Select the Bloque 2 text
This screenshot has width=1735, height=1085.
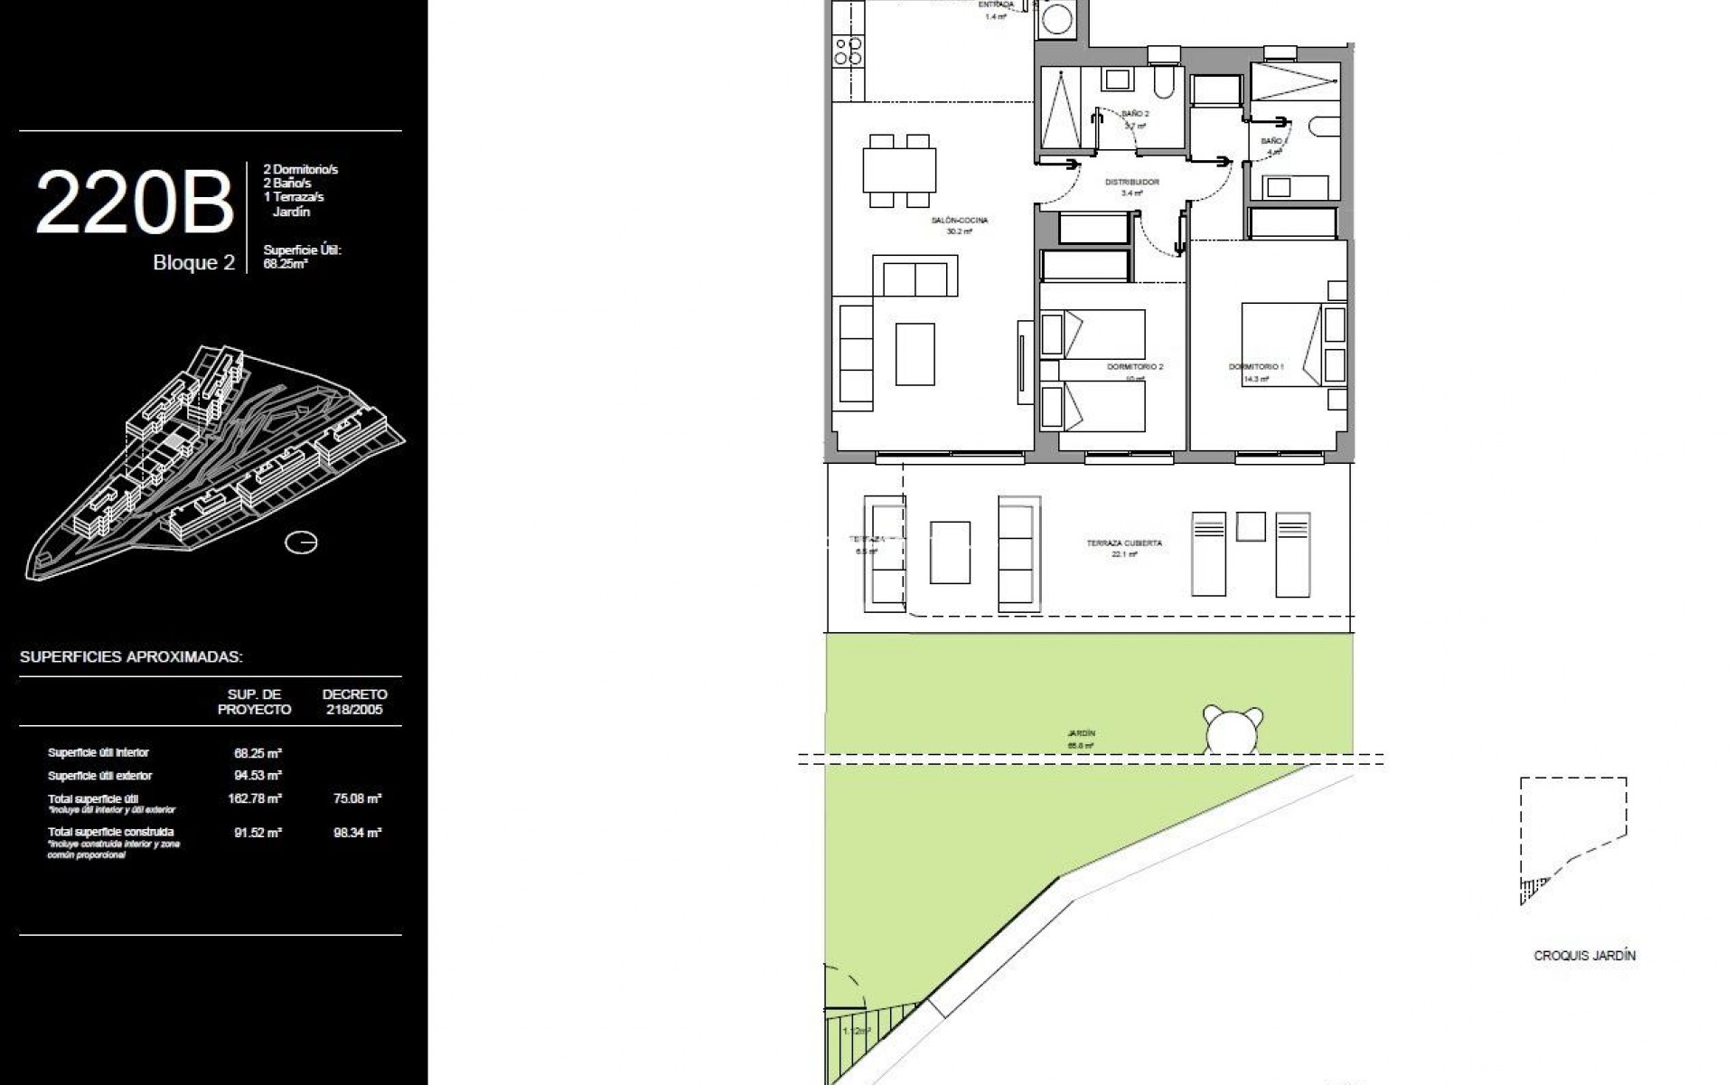193,263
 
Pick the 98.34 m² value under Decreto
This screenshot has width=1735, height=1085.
357,833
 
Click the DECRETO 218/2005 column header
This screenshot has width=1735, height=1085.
354,702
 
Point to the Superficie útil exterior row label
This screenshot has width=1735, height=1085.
99,776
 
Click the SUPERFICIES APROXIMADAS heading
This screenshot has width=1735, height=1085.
131,657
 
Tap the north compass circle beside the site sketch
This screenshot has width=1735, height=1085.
300,542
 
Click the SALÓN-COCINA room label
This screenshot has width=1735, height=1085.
960,221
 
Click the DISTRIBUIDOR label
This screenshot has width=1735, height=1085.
1132,183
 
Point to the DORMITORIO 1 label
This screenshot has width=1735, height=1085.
1255,367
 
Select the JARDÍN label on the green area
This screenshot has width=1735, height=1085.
1081,734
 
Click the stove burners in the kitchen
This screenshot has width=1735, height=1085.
848,51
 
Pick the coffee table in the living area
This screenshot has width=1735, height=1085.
914,354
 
